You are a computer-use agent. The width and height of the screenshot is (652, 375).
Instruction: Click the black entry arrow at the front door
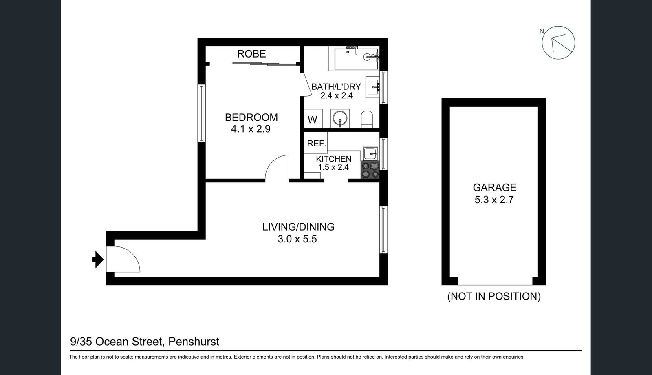pyautogui.click(x=98, y=260)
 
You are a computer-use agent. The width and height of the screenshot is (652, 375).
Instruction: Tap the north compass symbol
pyautogui.click(x=558, y=43)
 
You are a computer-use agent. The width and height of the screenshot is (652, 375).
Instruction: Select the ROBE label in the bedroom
pyautogui.click(x=251, y=54)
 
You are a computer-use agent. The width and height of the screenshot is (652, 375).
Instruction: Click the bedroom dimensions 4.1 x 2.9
pyautogui.click(x=251, y=129)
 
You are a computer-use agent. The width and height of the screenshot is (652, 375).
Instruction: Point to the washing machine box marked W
pyautogui.click(x=313, y=120)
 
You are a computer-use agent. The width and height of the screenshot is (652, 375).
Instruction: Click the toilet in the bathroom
pyautogui.click(x=367, y=119)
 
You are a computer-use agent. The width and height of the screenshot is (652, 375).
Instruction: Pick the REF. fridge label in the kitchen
pyautogui.click(x=317, y=144)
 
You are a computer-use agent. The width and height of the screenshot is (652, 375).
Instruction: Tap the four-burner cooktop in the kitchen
pyautogui.click(x=370, y=170)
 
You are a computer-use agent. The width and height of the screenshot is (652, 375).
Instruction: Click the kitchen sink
pyautogui.click(x=370, y=153)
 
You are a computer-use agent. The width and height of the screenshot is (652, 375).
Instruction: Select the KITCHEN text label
pyautogui.click(x=333, y=159)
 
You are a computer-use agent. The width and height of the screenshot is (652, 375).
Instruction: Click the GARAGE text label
pyautogui.click(x=494, y=187)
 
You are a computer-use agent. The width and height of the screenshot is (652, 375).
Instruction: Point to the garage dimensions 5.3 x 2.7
pyautogui.click(x=494, y=200)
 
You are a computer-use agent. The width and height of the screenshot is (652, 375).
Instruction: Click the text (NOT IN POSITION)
pyautogui.click(x=494, y=296)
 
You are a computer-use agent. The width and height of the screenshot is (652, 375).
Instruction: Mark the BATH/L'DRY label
pyautogui.click(x=336, y=87)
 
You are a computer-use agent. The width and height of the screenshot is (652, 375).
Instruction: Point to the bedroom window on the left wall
pyautogui.click(x=201, y=113)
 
